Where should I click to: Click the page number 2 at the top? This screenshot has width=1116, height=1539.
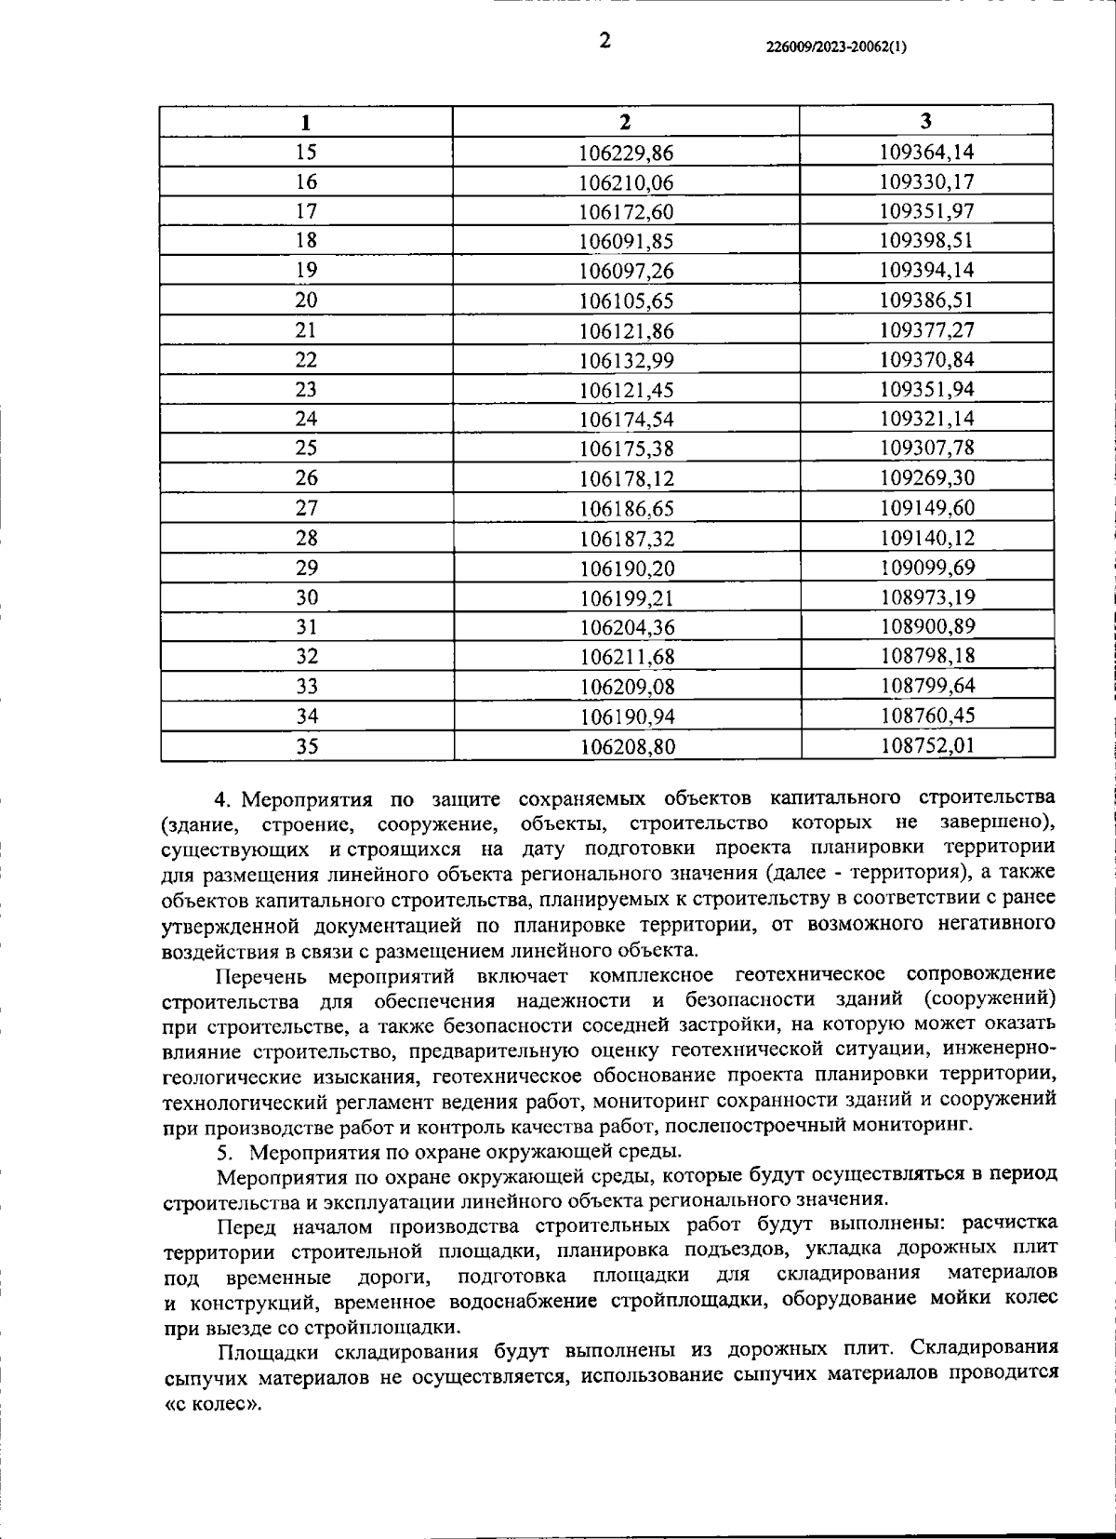(605, 40)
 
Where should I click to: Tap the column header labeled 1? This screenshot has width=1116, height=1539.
(306, 123)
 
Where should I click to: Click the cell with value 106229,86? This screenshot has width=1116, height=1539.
(626, 153)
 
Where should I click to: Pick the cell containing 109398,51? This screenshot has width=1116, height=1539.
(926, 241)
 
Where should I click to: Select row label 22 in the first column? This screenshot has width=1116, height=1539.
(306, 360)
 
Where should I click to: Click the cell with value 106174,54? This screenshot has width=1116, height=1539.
(626, 420)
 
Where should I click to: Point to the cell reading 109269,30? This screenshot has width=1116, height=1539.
(926, 478)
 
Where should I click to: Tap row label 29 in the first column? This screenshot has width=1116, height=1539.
(306, 568)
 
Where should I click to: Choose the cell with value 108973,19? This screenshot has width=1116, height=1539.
(926, 597)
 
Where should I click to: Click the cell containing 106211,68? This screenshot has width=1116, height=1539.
(626, 657)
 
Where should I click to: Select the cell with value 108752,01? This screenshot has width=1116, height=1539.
(926, 745)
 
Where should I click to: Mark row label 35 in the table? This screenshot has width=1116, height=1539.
(306, 745)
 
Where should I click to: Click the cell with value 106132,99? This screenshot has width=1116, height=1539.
(626, 360)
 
